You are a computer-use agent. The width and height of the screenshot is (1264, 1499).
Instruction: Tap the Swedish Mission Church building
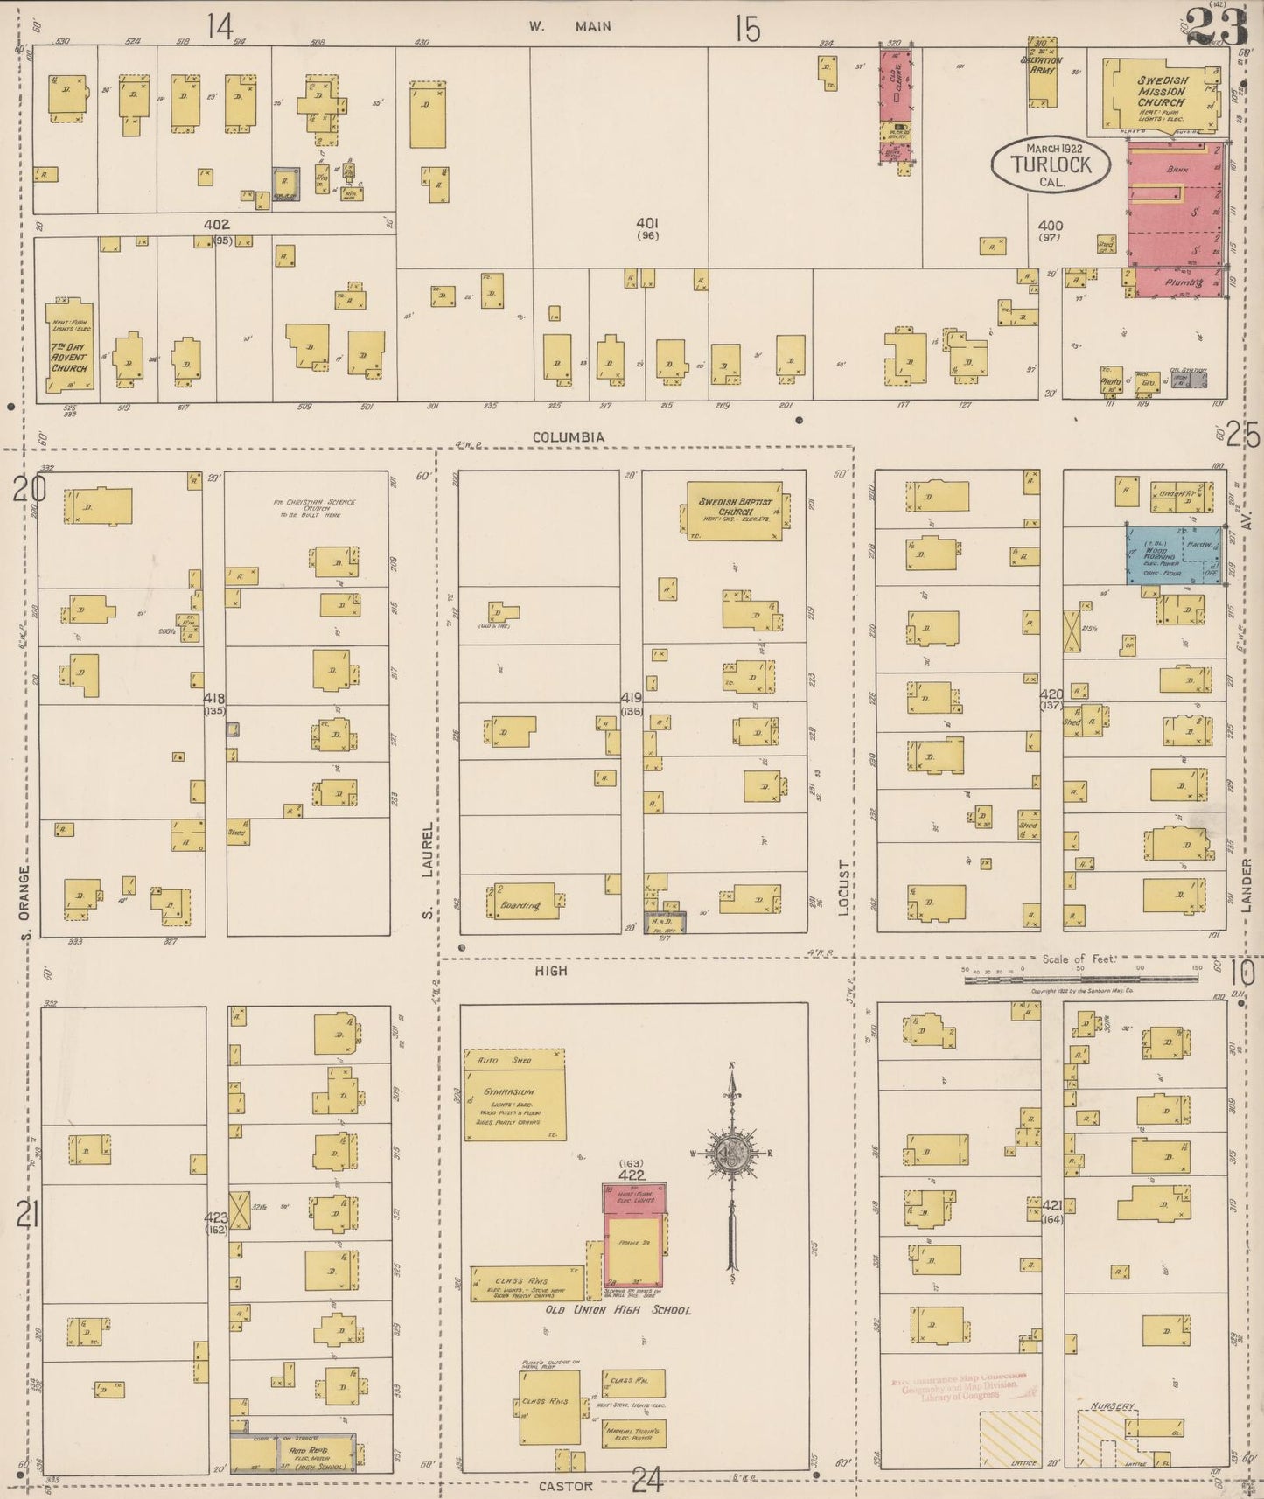coord(1160,94)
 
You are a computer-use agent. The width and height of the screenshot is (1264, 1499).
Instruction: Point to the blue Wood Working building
coord(1172,554)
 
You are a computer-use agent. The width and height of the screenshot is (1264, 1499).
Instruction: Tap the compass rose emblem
coord(731,1154)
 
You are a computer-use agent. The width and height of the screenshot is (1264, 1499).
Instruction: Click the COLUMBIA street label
coord(569,436)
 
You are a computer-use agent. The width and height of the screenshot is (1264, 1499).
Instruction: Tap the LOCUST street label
coord(844,887)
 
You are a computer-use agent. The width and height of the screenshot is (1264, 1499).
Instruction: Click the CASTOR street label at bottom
coord(565,1486)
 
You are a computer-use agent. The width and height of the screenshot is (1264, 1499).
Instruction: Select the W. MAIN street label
coord(569,26)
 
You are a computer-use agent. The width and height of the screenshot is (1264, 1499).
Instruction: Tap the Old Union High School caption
coord(618,1310)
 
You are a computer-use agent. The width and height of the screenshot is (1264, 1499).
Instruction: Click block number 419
coord(631,698)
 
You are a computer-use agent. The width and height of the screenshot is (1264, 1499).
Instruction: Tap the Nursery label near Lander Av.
coord(1113,1407)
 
